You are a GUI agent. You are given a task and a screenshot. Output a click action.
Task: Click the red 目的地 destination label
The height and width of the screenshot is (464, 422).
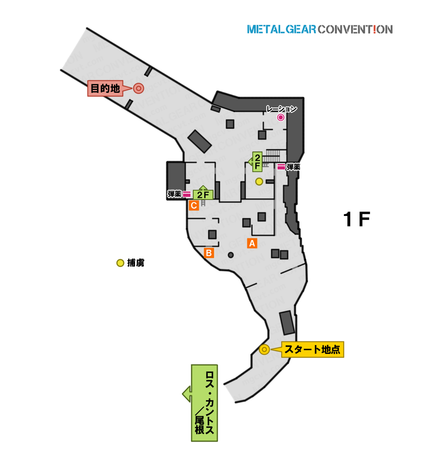105,89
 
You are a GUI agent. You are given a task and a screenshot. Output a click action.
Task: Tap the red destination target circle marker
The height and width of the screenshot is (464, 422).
138,88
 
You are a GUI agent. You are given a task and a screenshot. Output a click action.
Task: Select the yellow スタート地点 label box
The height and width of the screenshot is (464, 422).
312,350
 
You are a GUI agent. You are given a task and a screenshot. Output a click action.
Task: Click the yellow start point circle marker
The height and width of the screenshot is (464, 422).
264,350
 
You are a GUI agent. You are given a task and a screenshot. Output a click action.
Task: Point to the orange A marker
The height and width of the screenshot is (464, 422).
252,243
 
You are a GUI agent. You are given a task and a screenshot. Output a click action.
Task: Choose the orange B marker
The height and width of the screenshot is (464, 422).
209,253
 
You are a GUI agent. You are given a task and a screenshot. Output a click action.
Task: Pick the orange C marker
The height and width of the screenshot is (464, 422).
194,205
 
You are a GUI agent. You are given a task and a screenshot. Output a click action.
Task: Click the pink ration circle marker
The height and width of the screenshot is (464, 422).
281,118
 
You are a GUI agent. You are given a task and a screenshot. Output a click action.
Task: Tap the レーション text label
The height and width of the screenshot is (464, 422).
281,109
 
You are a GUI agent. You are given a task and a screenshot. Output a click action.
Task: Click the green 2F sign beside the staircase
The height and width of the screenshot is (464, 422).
257,162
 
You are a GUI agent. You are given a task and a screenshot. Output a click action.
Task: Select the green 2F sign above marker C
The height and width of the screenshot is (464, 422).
203,194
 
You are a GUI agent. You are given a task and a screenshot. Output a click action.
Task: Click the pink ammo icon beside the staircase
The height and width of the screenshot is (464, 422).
281,167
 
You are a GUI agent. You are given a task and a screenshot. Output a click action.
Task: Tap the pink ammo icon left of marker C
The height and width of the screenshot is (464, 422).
187,194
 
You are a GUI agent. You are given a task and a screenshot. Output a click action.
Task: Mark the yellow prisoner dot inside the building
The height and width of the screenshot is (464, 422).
259,181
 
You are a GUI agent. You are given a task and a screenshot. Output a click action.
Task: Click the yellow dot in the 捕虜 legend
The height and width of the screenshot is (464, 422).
120,263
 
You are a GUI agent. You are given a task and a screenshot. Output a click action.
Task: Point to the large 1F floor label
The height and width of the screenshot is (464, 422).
357,219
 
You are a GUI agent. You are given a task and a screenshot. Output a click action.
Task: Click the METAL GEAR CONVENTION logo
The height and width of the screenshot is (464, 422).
320,29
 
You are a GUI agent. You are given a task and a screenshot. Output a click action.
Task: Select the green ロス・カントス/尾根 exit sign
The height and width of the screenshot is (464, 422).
204,403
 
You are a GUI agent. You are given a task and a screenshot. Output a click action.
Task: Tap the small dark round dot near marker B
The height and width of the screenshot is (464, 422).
231,255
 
